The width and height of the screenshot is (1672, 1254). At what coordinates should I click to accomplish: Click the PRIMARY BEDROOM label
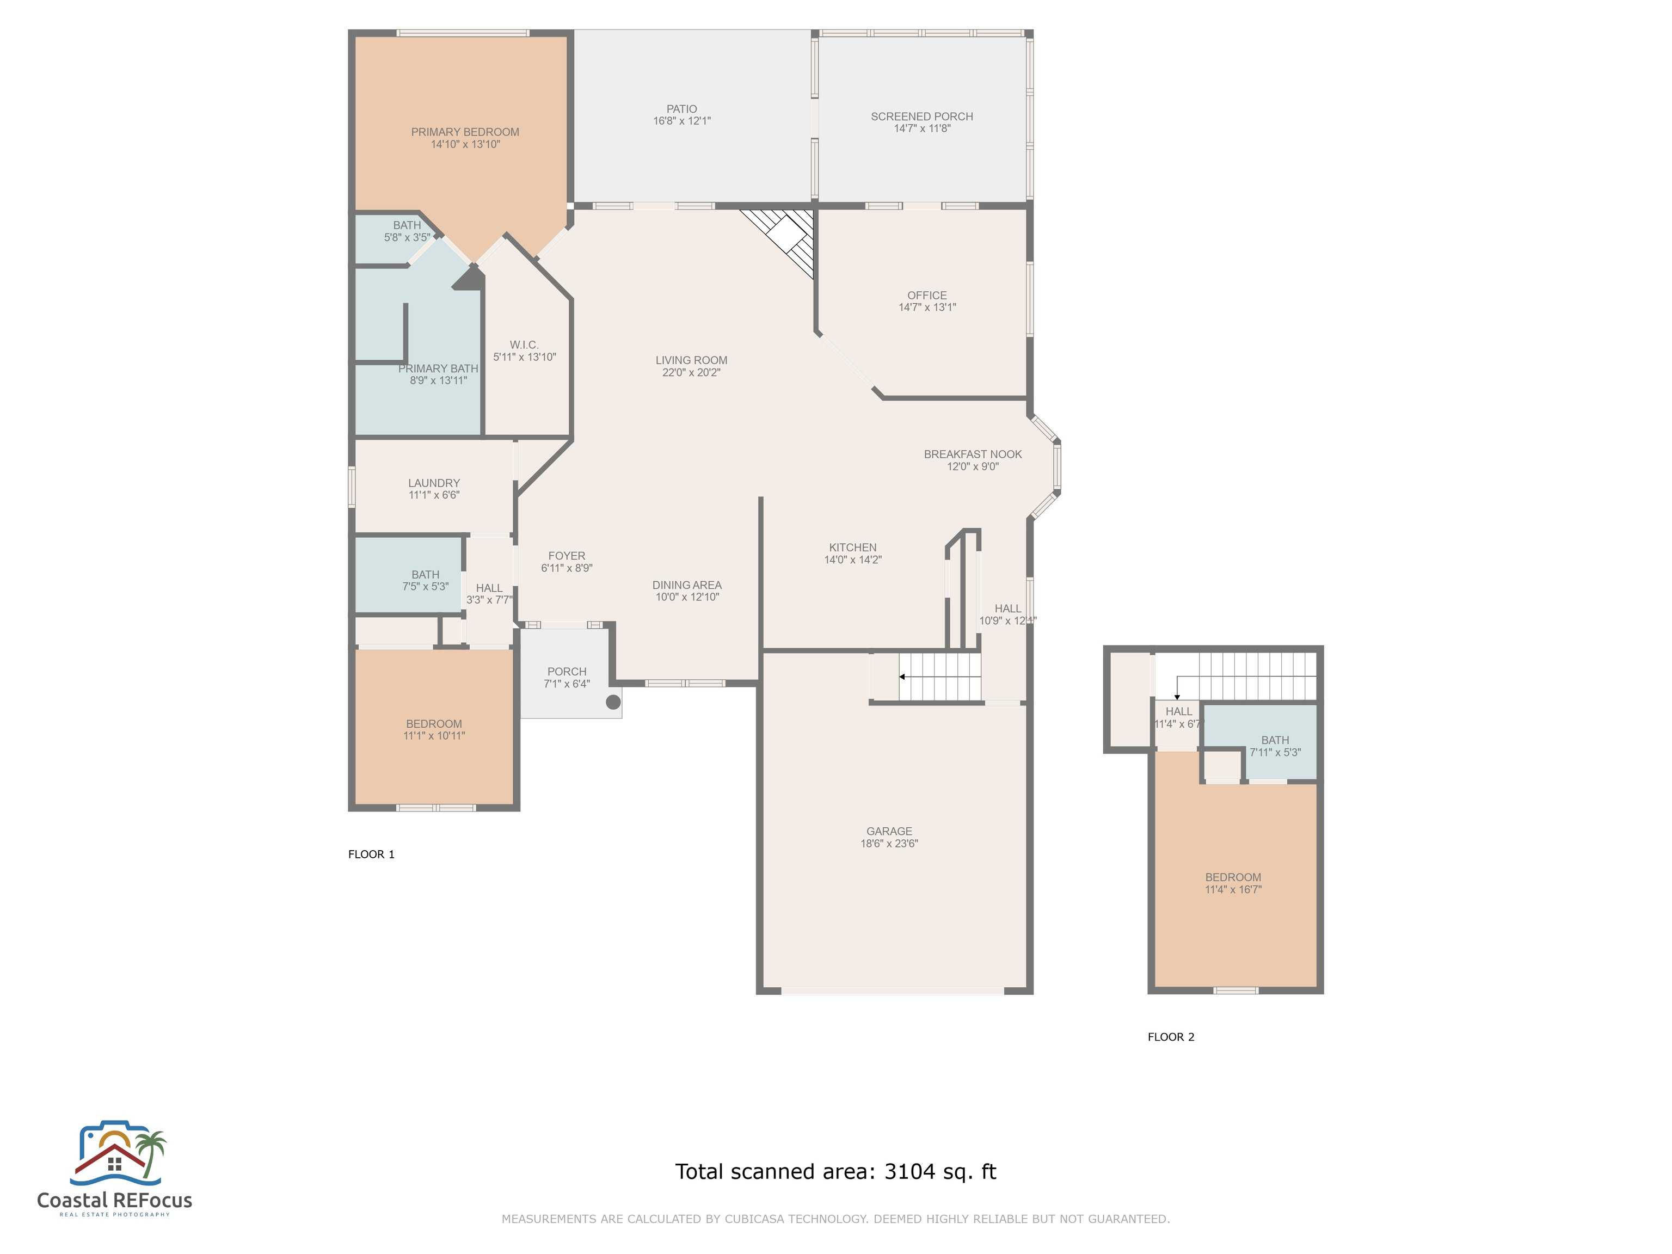(x=465, y=132)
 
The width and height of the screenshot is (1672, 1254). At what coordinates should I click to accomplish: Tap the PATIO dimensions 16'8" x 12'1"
(x=682, y=121)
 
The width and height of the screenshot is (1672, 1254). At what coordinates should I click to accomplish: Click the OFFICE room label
(x=927, y=296)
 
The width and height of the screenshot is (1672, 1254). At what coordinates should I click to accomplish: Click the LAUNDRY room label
(x=434, y=483)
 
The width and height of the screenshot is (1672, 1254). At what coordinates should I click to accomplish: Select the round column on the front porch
(x=613, y=702)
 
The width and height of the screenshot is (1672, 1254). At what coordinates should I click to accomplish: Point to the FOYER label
(x=566, y=556)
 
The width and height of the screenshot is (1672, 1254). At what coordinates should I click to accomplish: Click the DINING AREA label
(x=686, y=585)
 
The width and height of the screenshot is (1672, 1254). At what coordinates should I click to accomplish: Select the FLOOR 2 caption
(x=1170, y=1037)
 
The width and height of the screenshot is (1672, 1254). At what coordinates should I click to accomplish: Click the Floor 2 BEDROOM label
(x=1233, y=877)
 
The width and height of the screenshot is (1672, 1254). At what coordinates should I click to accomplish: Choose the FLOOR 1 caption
(x=371, y=854)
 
